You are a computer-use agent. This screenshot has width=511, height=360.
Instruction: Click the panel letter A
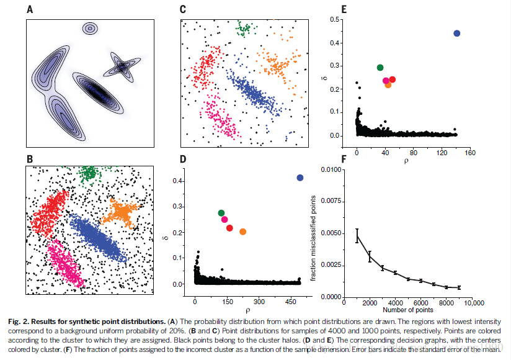30,10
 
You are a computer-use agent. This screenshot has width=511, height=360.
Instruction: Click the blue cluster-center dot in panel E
457,34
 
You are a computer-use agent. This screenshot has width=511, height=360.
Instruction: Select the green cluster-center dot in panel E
380,68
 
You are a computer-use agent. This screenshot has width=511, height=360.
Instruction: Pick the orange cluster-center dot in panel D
242,232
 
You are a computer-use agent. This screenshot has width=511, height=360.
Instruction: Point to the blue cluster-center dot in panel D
300,178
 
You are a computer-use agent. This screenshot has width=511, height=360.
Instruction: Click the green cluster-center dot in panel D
221,214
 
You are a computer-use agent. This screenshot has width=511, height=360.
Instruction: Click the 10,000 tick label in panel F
473,303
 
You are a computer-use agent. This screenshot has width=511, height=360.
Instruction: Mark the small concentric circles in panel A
91,28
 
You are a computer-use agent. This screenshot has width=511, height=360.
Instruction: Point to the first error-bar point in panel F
357,235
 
